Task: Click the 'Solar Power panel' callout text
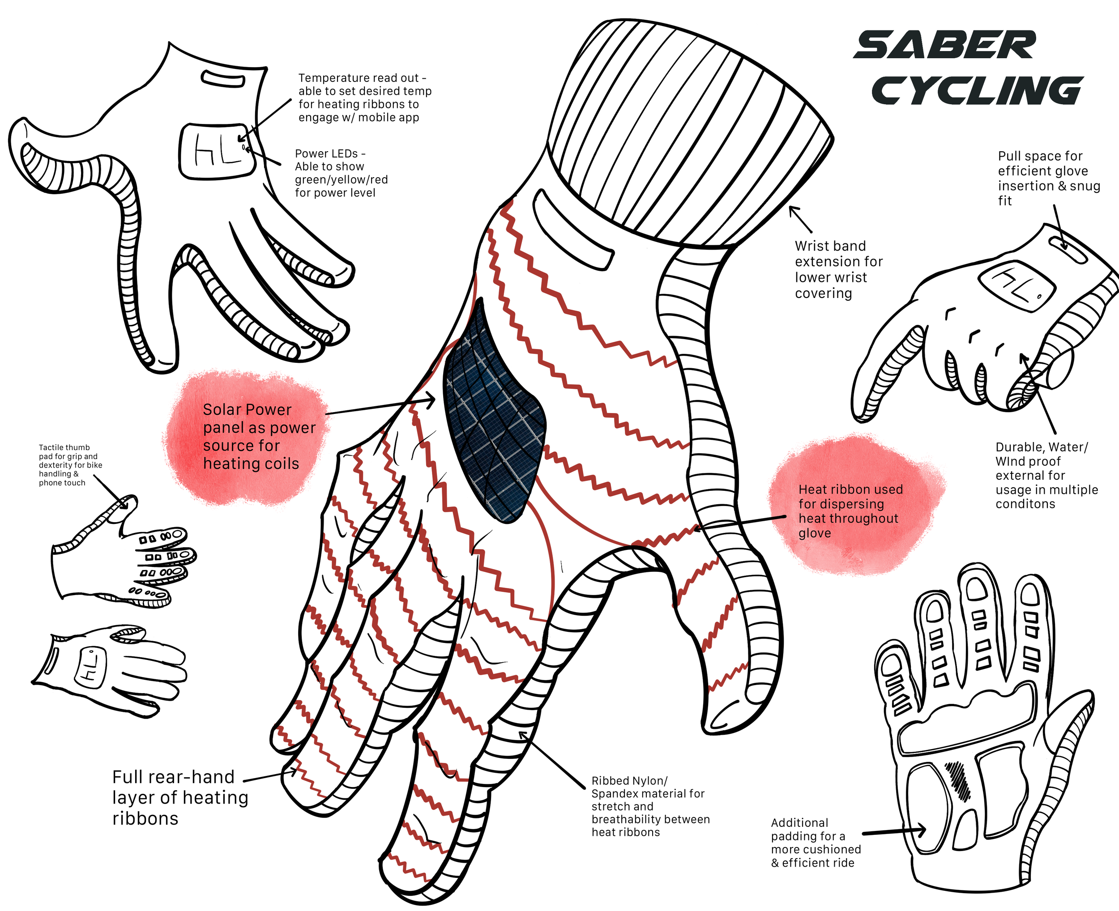coord(259,437)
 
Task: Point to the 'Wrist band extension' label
coord(838,269)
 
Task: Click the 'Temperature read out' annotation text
coord(364,98)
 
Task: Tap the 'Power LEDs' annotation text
coord(341,173)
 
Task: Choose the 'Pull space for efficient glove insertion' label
coord(1048,179)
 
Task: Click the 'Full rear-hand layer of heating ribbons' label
coord(179,798)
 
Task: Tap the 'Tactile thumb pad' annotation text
coord(70,465)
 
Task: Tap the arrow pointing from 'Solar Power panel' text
coord(380,407)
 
